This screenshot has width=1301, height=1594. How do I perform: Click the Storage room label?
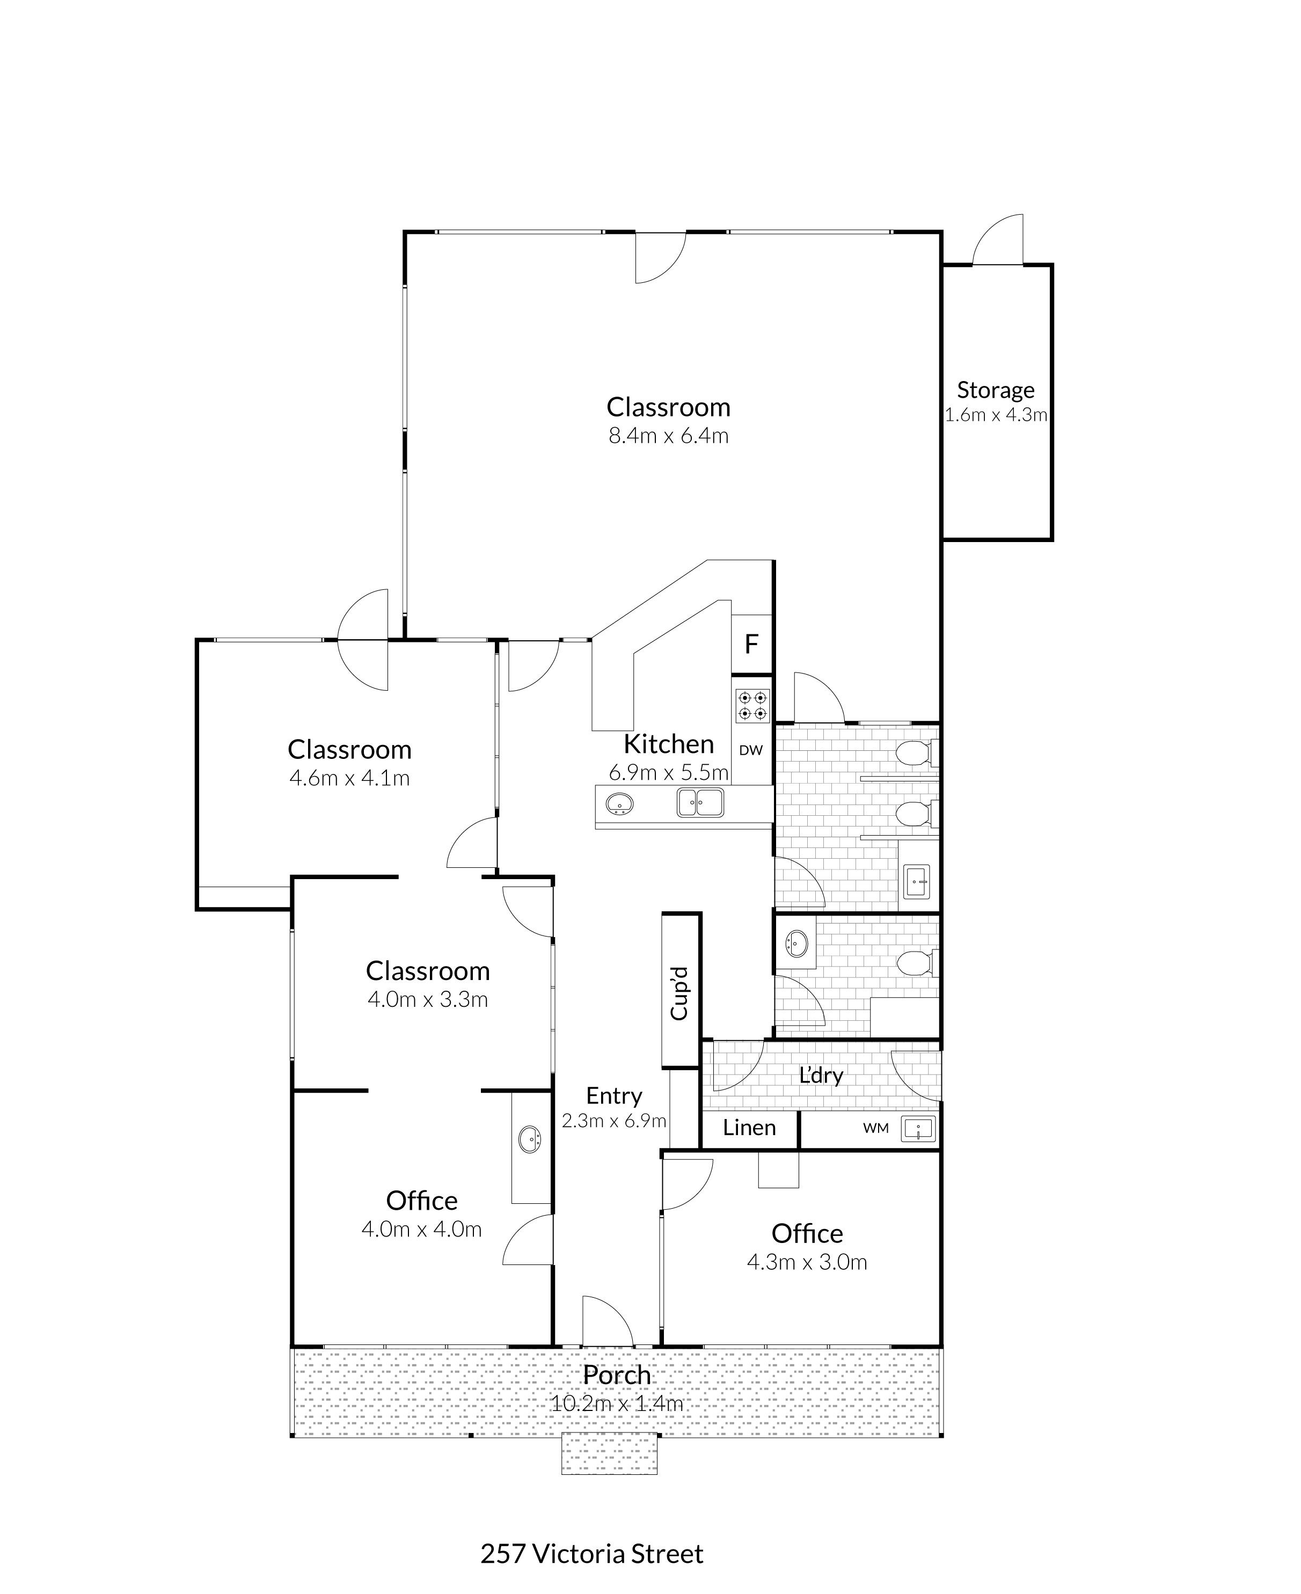pos(995,390)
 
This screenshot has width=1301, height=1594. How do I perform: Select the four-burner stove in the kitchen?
pos(752,705)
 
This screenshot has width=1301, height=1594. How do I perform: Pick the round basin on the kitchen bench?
pos(619,803)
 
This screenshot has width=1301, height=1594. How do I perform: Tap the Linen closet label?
pos(749,1127)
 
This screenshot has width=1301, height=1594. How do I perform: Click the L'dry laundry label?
pos(821,1076)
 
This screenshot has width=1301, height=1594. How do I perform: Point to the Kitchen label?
pos(669,744)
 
